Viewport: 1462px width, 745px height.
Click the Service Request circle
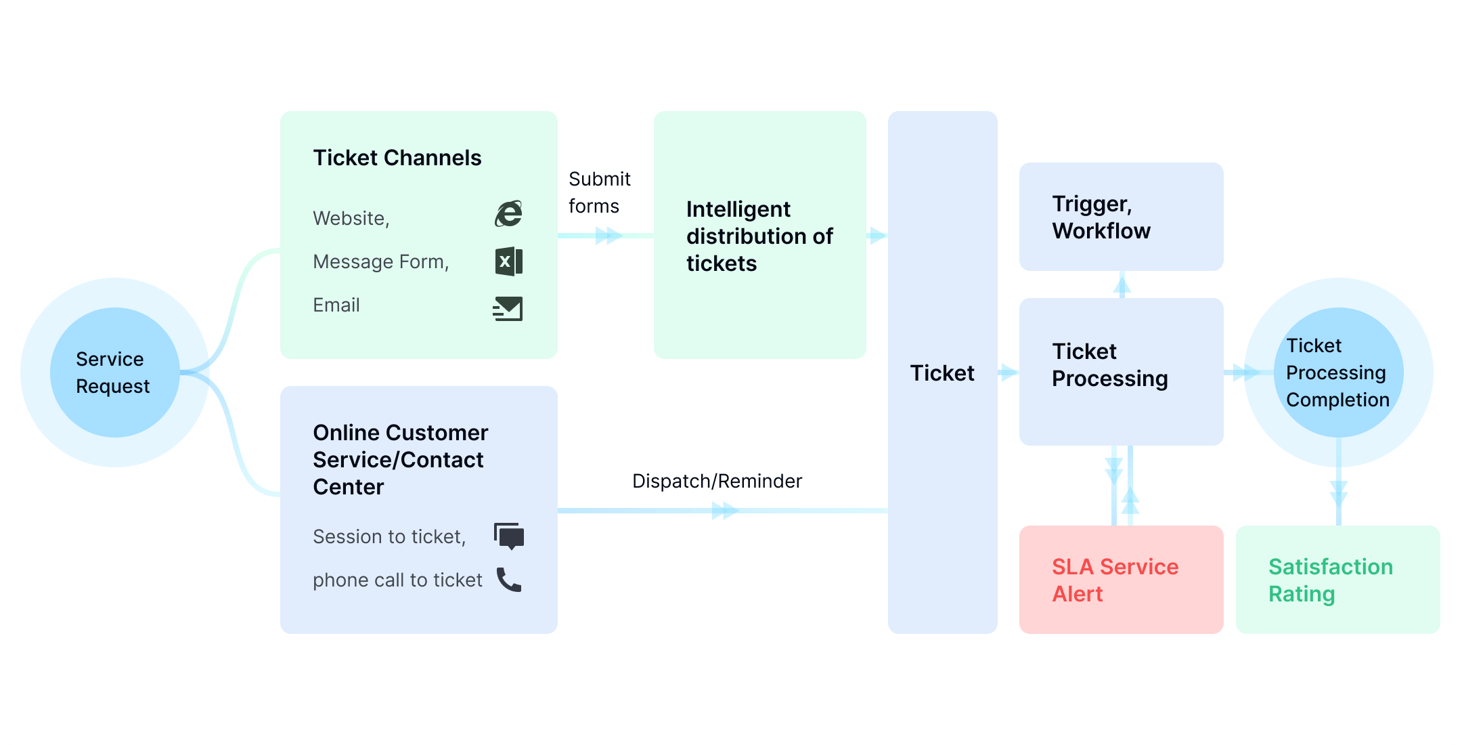pos(114,372)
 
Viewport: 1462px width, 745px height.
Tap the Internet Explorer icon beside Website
pos(508,214)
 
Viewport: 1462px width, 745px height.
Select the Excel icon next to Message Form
pos(508,261)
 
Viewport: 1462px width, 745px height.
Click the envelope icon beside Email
pos(508,308)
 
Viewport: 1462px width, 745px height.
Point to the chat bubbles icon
pos(509,536)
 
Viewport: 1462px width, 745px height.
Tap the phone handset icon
pos(509,580)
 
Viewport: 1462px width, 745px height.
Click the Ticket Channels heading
pos(397,158)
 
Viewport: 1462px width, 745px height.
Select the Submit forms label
pos(598,192)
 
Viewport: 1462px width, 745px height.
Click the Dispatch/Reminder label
pos(717,481)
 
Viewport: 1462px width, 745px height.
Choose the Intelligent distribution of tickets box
pos(759,236)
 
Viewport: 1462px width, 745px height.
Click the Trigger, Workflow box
pos(1121,217)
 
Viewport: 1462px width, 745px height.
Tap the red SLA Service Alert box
pos(1121,580)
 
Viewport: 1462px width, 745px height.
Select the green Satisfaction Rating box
pos(1337,580)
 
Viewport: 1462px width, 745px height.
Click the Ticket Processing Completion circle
pos(1338,372)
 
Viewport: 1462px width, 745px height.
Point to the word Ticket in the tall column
pos(942,373)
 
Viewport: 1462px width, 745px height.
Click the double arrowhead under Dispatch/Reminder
pos(725,511)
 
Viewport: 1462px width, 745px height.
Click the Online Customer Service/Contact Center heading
pos(400,459)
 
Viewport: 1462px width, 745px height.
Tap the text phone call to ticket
pos(397,580)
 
